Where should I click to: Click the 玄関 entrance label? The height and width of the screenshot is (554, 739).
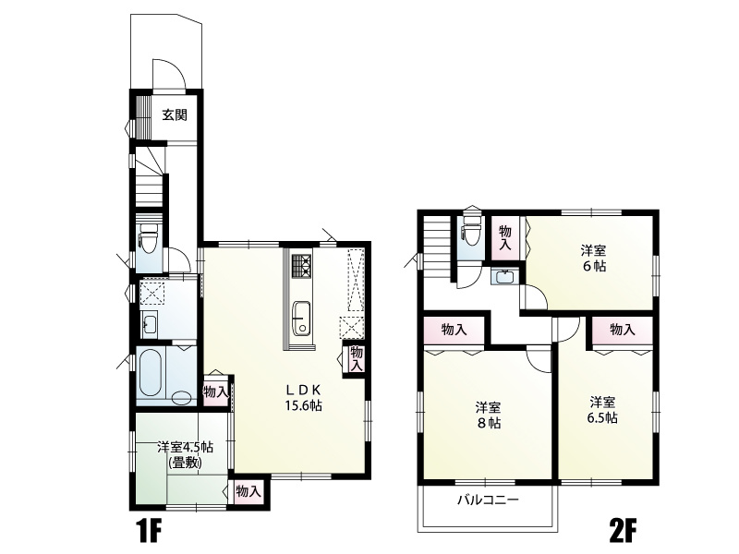[175, 114]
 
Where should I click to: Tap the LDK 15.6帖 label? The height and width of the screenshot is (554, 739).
[304, 397]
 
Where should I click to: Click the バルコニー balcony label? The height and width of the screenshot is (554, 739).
[488, 500]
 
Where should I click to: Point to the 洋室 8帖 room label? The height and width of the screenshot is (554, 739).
[488, 415]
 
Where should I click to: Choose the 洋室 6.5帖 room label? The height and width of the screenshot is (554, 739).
[603, 410]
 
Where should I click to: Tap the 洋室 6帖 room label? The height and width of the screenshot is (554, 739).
[593, 259]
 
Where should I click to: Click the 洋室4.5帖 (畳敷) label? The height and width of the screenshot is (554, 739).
[186, 454]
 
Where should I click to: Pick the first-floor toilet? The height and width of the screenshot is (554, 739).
[149, 236]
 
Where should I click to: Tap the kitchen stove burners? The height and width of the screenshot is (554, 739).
[302, 266]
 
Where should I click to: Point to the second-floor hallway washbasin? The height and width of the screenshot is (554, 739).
[503, 276]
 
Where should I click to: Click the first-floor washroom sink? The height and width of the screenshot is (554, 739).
[150, 324]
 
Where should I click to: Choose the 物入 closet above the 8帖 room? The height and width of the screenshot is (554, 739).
[454, 330]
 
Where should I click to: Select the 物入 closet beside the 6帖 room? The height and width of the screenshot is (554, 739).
[505, 237]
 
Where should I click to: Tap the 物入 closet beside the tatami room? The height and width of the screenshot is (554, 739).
[248, 491]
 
